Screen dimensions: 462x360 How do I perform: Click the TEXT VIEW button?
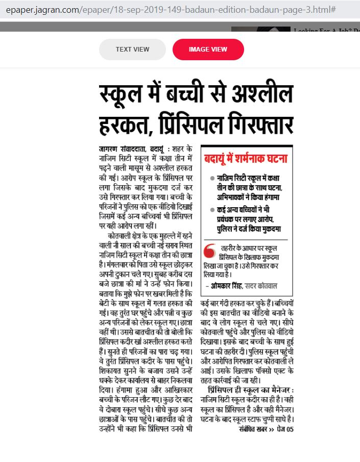coord(132,50)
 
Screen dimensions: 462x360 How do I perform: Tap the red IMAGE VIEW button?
coord(208,50)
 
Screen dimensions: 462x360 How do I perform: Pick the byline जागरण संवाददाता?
coord(123,149)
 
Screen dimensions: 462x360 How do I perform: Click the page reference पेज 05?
coord(284,428)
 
